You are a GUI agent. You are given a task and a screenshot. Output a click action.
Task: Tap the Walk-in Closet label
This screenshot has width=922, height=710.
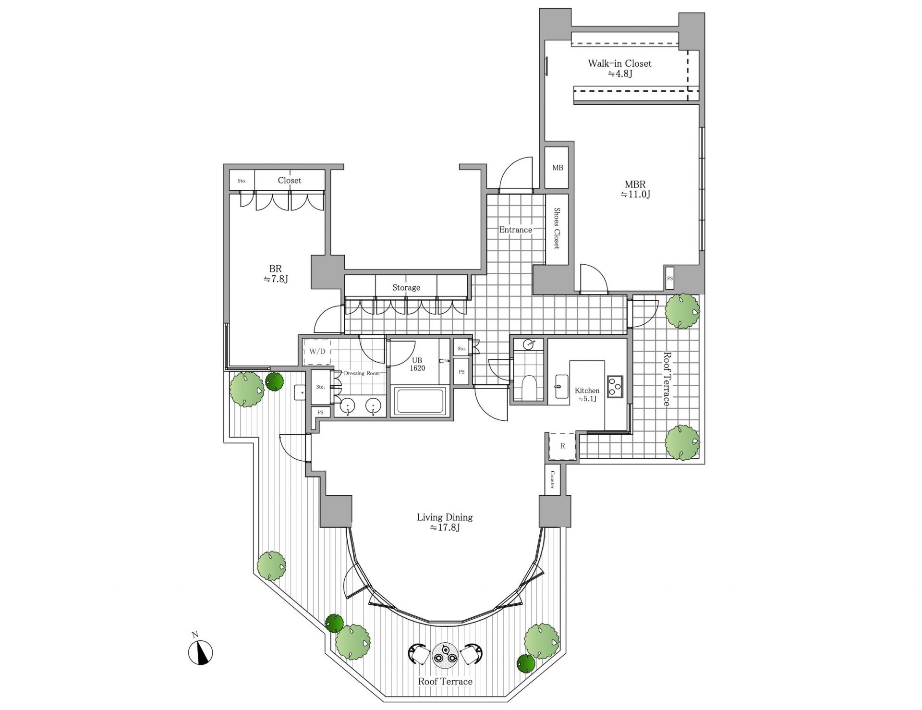pyautogui.click(x=619, y=63)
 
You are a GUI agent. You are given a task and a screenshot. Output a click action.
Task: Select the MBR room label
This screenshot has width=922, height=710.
pyautogui.click(x=635, y=184)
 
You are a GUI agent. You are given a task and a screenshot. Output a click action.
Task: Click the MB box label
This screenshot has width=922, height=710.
pyautogui.click(x=558, y=168)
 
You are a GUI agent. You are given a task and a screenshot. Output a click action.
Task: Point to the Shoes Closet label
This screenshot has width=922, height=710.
pyautogui.click(x=557, y=228)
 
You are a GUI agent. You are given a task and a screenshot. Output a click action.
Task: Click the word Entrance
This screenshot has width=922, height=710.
pyautogui.click(x=515, y=230)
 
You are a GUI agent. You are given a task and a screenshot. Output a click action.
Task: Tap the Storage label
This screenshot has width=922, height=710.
pyautogui.click(x=406, y=287)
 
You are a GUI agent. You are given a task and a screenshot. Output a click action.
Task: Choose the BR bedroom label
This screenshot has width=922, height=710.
pyautogui.click(x=275, y=269)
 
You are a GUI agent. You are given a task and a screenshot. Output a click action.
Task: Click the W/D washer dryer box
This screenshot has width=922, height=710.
pyautogui.click(x=317, y=352)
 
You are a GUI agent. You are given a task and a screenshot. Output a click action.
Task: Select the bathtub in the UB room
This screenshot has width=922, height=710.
pyautogui.click(x=420, y=401)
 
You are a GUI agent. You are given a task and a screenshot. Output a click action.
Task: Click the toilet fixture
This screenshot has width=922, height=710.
pyautogui.click(x=528, y=386)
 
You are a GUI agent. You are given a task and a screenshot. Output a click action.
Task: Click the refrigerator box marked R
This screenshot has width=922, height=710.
pyautogui.click(x=562, y=446)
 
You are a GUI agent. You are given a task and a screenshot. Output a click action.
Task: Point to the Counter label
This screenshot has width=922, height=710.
pyautogui.click(x=552, y=479)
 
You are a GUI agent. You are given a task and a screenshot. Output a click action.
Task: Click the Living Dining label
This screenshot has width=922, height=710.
pyautogui.click(x=445, y=517)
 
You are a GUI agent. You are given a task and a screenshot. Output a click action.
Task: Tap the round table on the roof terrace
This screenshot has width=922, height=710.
pyautogui.click(x=446, y=655)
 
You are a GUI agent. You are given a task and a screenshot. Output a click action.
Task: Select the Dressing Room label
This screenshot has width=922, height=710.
pyautogui.click(x=362, y=373)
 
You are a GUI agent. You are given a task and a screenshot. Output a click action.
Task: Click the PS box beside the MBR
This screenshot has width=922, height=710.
pyautogui.click(x=670, y=278)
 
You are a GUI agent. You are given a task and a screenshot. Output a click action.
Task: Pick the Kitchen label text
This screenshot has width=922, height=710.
pyautogui.click(x=587, y=391)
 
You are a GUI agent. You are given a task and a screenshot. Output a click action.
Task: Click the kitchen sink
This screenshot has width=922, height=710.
pyautogui.click(x=561, y=386)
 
